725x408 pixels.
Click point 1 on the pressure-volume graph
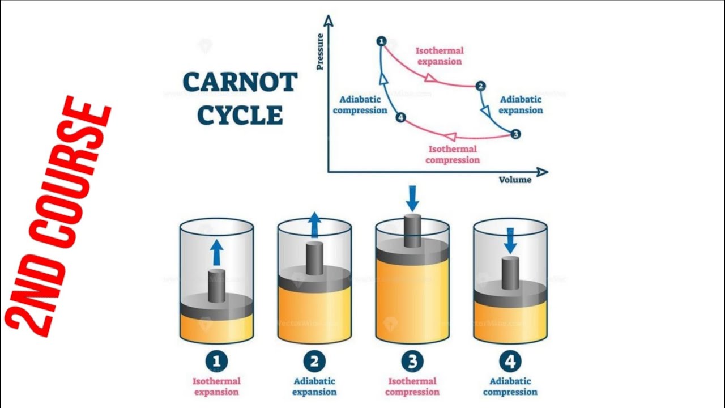click(381, 41)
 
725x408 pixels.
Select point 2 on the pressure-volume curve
click(481, 86)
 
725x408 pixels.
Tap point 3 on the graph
click(515, 134)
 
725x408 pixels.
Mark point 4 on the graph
click(400, 118)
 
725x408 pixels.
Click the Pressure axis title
click(320, 52)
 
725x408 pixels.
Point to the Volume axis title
click(515, 180)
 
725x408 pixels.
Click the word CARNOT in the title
click(240, 83)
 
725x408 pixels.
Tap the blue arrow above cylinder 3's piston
click(412, 198)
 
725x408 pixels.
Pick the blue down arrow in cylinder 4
click(510, 241)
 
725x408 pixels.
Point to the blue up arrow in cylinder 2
click(314, 225)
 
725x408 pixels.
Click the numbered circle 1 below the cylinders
click(216, 361)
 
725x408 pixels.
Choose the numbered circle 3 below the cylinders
click(412, 361)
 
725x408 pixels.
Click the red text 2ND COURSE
click(57, 215)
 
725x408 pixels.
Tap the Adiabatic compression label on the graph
click(360, 105)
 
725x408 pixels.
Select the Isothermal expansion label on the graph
click(440, 56)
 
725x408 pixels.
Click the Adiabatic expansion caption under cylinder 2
click(314, 386)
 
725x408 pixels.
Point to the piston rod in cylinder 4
click(510, 273)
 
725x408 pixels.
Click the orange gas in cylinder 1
click(216, 329)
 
